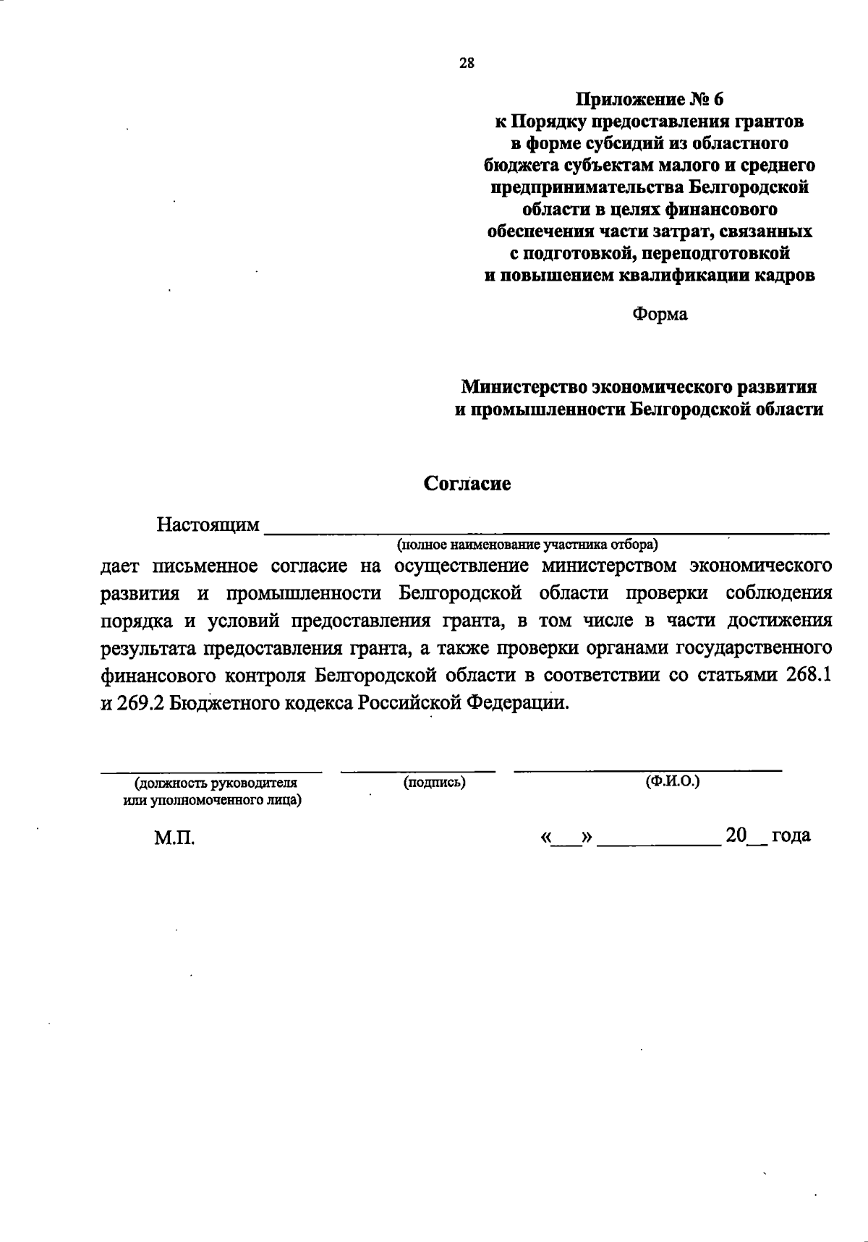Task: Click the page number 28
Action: [x=467, y=63]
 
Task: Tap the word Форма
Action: [x=660, y=314]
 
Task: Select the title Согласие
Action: [x=467, y=483]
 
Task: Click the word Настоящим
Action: [x=208, y=524]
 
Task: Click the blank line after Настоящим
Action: [x=546, y=530]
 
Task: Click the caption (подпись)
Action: [x=434, y=782]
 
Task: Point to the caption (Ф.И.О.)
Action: [x=672, y=782]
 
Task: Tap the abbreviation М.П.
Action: [x=174, y=838]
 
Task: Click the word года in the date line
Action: [x=791, y=835]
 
